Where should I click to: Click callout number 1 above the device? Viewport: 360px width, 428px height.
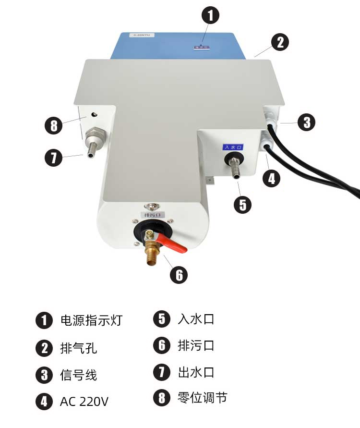(x=210, y=15)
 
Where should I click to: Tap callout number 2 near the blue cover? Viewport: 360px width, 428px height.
(x=280, y=42)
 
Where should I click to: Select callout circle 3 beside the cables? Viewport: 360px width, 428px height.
(x=306, y=122)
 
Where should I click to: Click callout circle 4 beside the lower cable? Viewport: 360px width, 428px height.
(x=271, y=179)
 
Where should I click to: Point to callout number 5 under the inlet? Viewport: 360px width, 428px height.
(x=242, y=205)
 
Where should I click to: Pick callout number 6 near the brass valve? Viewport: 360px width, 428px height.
(x=179, y=275)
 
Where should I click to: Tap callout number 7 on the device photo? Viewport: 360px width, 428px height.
(x=53, y=158)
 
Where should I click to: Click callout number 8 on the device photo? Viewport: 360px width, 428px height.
(x=53, y=126)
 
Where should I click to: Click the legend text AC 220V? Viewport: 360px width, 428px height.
(x=84, y=401)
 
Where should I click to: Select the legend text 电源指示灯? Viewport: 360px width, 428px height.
(x=91, y=320)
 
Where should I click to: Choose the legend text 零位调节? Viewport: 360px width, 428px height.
(x=202, y=398)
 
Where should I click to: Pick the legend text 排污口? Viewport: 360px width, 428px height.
(x=196, y=345)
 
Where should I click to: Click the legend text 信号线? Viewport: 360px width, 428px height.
(x=78, y=375)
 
